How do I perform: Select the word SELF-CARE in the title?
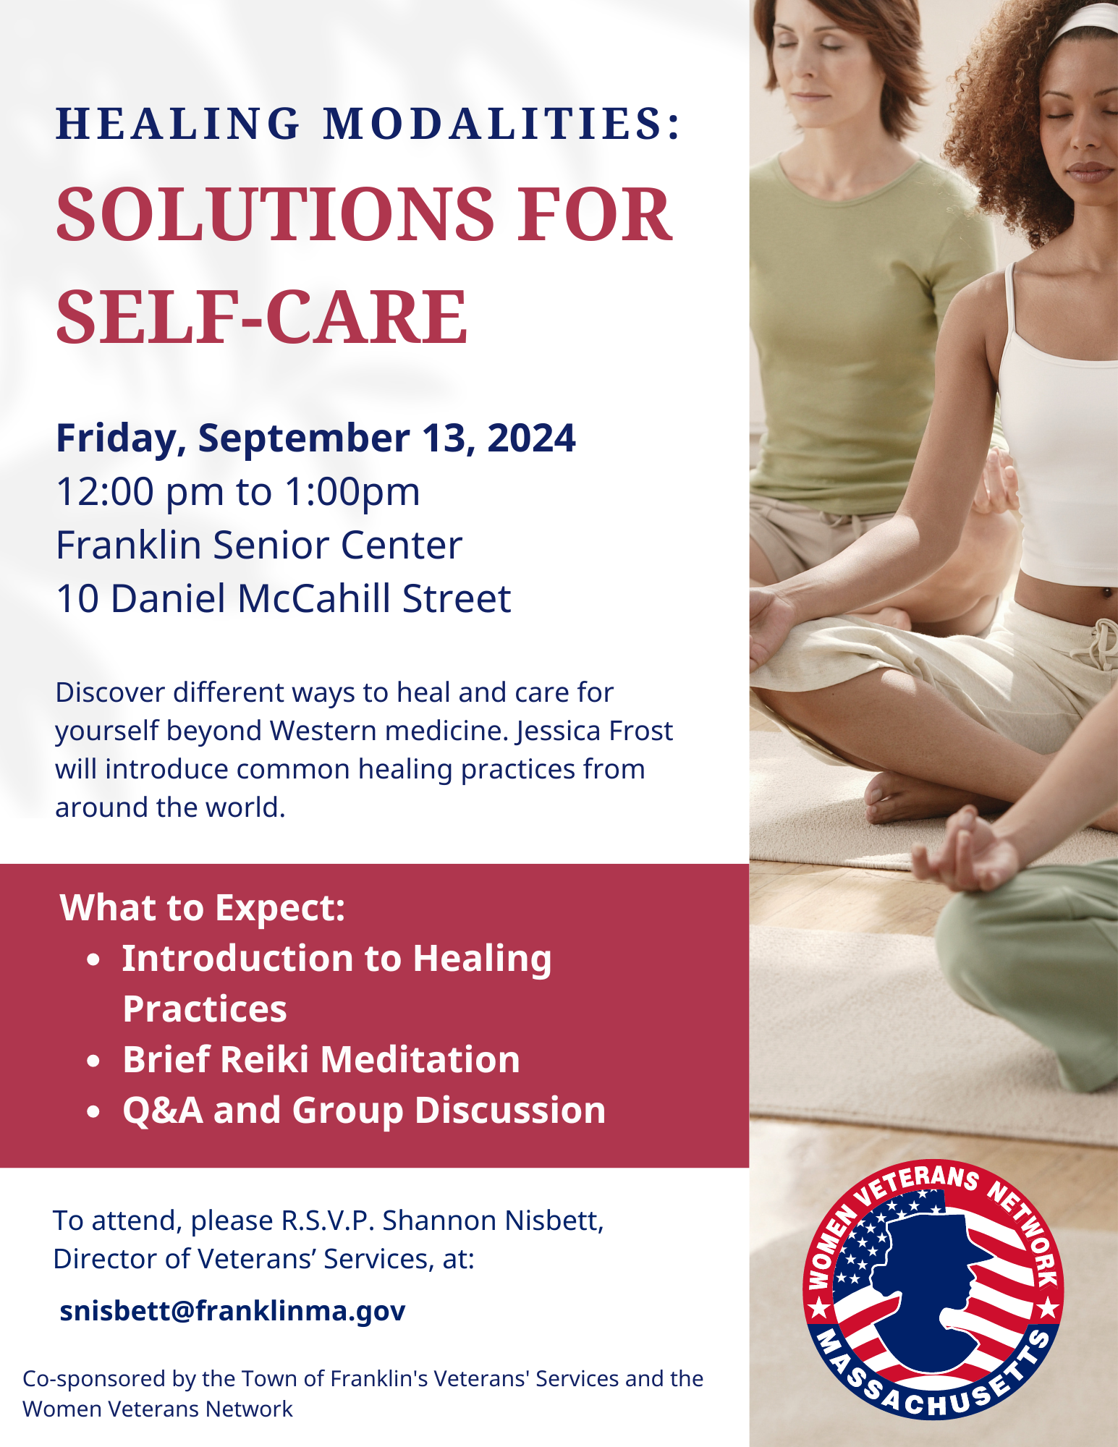pos(262,317)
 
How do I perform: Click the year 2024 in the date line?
pos(531,438)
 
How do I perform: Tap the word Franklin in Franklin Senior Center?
pos(128,545)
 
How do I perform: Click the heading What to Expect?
pos(203,908)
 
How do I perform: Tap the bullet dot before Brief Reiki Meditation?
pos(93,1061)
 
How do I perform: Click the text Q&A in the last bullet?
pos(163,1111)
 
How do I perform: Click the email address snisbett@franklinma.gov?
pos(232,1311)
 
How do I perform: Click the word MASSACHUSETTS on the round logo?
pos(933,1378)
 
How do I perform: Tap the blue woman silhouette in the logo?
pos(933,1295)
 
